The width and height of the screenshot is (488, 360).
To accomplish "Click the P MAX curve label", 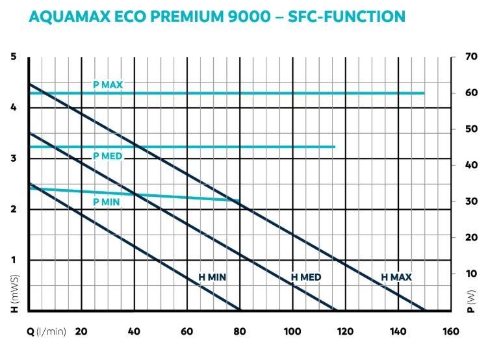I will point(108,84).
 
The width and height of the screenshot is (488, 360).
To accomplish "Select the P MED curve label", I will point(108,156).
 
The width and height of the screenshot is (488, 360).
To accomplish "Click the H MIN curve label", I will point(212,277).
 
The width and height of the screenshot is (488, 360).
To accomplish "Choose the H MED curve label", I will point(306,277).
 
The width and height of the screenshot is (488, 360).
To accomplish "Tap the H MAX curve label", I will point(396,277).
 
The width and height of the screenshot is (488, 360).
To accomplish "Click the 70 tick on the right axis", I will point(472,57).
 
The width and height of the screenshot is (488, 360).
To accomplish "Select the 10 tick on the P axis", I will point(472,274).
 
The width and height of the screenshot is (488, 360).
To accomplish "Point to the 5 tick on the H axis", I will point(13,57).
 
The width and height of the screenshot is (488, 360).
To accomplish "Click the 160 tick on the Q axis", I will point(450,331).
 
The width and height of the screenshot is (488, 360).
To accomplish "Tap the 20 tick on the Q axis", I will point(81,331).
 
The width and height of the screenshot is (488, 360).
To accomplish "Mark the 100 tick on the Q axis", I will point(292,331).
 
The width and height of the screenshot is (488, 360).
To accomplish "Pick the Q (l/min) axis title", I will point(46,331).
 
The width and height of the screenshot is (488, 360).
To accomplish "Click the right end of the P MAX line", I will point(424,94).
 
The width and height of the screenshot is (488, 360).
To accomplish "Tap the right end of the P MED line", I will point(335,147).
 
